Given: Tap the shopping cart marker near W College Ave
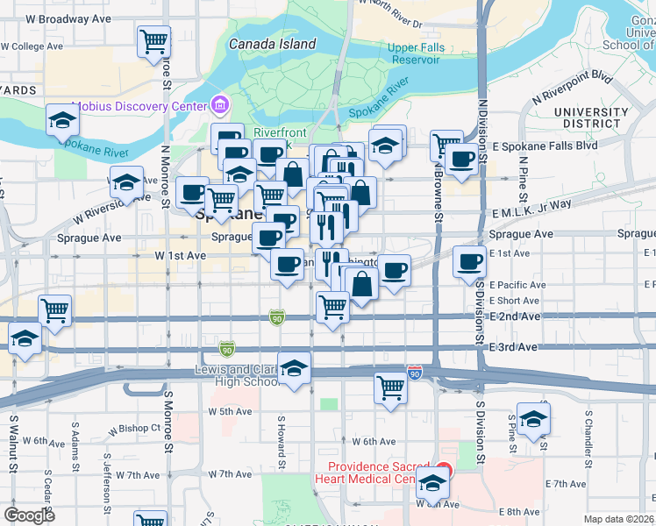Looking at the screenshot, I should point(154,40).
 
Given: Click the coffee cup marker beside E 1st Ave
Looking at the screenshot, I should point(470,260).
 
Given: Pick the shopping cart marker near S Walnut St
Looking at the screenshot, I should point(55,309).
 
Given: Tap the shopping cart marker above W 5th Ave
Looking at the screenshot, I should point(390,387).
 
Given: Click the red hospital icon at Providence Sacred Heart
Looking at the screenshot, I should point(443,469).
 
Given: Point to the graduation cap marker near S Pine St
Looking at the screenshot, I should point(533,419).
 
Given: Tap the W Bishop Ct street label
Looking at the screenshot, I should point(138,428).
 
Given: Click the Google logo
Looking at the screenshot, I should point(30,515).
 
